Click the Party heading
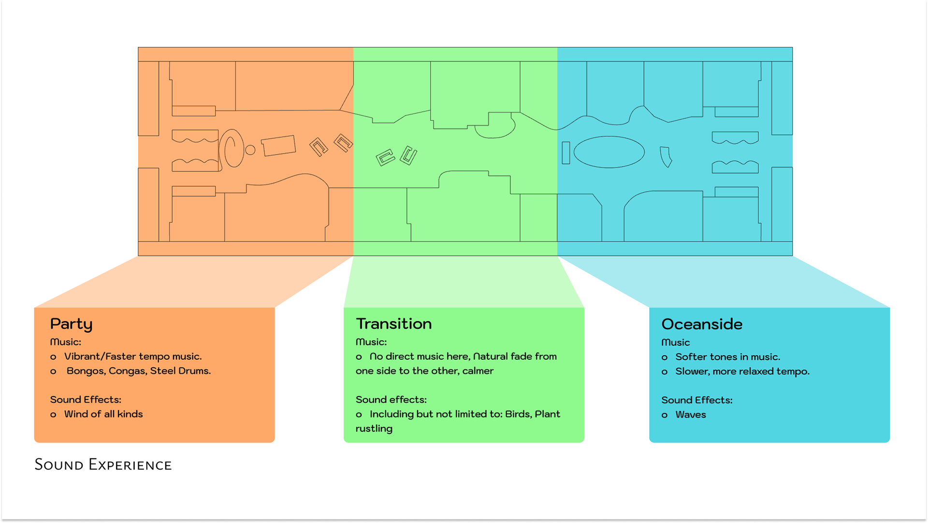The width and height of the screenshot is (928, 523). tap(71, 324)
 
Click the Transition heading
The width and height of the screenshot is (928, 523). tap(393, 324)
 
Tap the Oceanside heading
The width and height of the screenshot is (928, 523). tap(701, 324)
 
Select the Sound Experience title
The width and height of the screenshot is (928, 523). tap(103, 465)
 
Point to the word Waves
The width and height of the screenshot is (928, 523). tap(690, 415)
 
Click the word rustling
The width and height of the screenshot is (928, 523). tap(374, 429)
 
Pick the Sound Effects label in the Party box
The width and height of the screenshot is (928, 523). tap(86, 400)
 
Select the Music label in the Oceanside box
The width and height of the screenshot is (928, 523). tap(675, 342)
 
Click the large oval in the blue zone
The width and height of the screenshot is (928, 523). tap(609, 152)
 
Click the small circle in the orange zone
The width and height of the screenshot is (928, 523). tap(250, 150)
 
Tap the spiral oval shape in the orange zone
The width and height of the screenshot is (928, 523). tap(232, 148)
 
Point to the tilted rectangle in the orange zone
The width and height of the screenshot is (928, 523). tap(278, 145)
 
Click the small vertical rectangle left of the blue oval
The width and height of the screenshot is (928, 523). tap(565, 153)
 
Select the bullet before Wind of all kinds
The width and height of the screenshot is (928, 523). tap(53, 415)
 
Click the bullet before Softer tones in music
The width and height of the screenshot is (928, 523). tap(665, 358)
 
